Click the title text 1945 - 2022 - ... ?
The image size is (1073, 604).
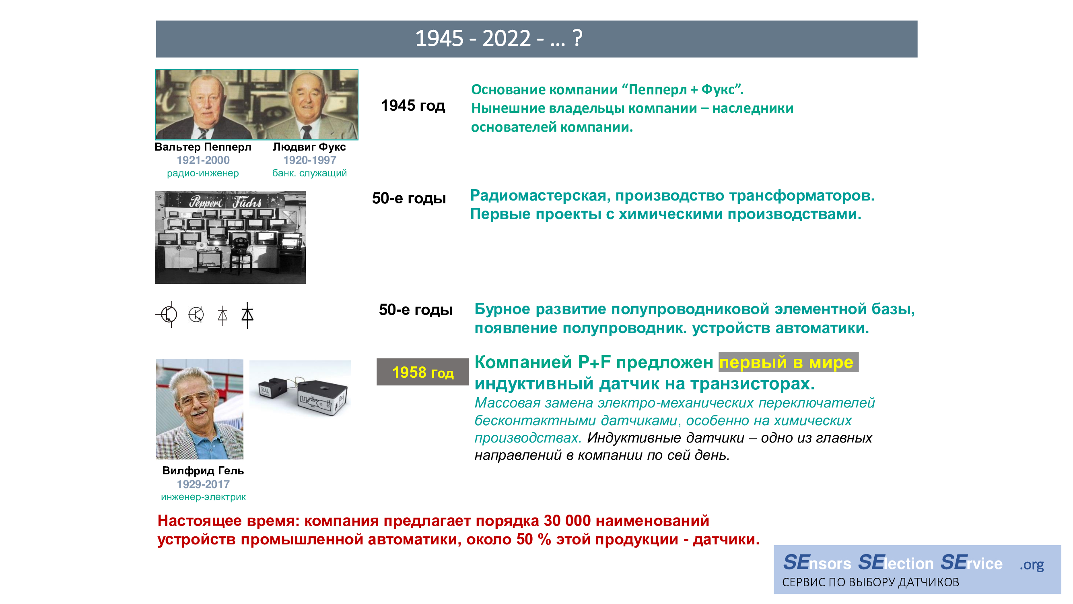coord(498,39)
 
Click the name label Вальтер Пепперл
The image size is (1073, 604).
coord(203,147)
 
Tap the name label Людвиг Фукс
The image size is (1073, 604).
coord(309,147)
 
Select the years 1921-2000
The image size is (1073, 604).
coord(203,160)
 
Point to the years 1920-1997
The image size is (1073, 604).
coord(309,160)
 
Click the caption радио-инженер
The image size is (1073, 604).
coord(203,173)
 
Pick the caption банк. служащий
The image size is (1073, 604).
coord(309,173)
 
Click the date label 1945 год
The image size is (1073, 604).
coord(413,105)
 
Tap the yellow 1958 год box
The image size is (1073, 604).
coord(422,372)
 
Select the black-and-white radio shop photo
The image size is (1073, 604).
coord(231,238)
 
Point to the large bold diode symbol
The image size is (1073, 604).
coord(247,315)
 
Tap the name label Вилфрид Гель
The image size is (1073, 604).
coord(203,471)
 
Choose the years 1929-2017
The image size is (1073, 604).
coord(203,484)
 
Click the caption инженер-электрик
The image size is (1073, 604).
coord(203,497)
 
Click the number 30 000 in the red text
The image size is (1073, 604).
coord(567,521)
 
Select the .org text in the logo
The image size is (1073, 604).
coord(1031,565)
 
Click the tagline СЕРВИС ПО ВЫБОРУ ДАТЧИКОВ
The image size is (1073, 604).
coord(871,582)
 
